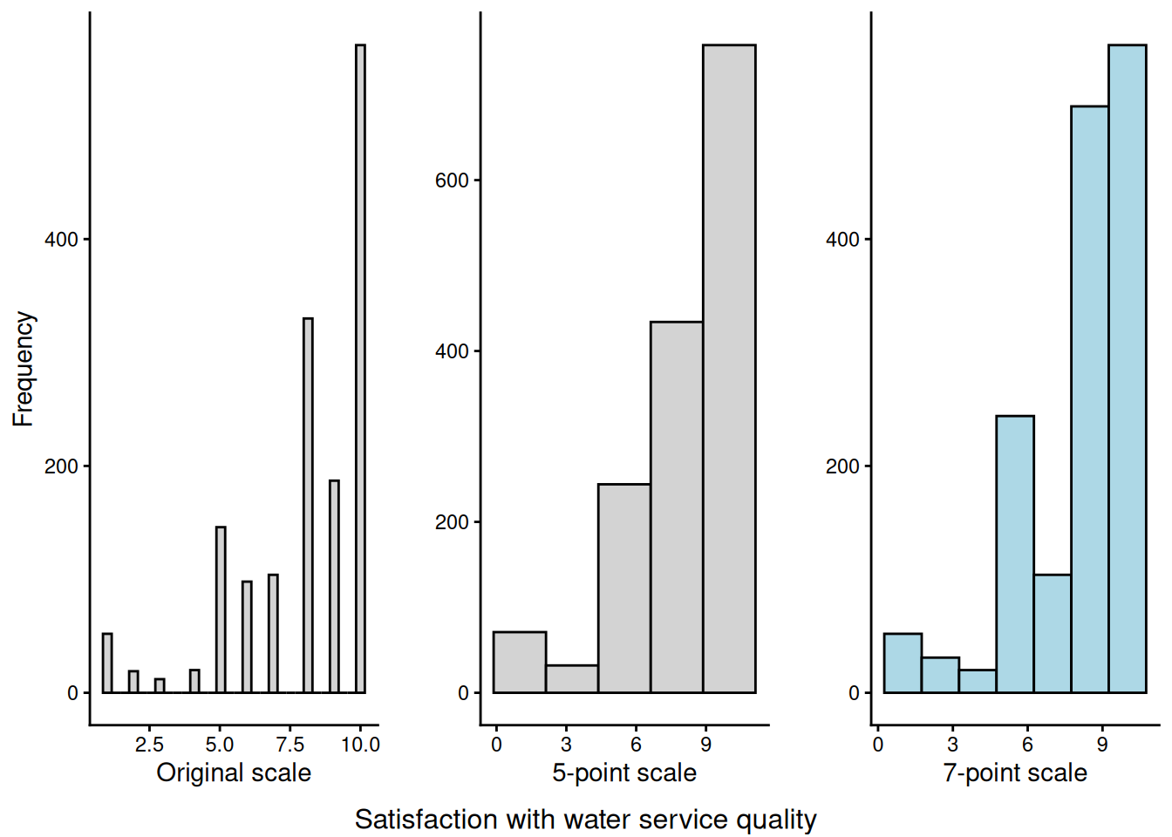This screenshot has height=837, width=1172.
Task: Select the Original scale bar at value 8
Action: tap(308, 506)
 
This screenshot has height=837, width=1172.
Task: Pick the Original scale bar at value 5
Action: tap(221, 609)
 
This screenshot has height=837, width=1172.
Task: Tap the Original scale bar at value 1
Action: tap(107, 663)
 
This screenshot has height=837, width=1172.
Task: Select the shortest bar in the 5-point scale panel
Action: tap(572, 679)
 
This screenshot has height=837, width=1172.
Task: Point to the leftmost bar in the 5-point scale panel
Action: tap(520, 662)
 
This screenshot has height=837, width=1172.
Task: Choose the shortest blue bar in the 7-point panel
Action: tap(978, 681)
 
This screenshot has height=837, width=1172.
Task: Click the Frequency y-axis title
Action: tap(24, 368)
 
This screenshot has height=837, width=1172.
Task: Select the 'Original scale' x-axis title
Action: tap(234, 772)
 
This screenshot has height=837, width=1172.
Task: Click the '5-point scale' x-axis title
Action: tap(624, 772)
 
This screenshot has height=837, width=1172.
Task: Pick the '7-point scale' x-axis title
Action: tap(1015, 772)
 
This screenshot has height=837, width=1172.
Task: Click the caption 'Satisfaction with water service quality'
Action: tap(586, 820)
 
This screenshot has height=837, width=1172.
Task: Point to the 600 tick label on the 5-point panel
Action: tap(452, 180)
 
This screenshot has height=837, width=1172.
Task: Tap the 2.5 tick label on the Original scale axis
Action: tap(149, 745)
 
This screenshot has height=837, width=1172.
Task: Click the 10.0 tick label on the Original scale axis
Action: tap(360, 745)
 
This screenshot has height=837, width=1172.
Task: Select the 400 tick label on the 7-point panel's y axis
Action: tap(842, 239)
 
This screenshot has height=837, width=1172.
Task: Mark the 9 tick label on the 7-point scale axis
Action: tap(1102, 745)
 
